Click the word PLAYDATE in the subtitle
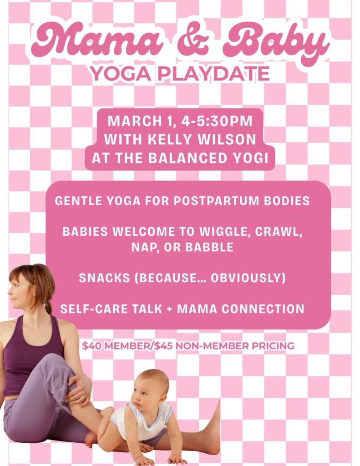pos(213,74)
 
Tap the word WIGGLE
pos(223,232)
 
